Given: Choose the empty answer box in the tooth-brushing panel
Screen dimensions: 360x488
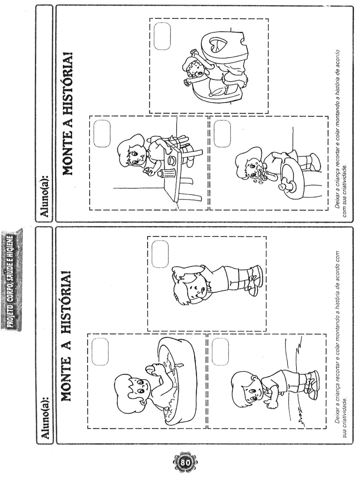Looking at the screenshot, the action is [x=222, y=134].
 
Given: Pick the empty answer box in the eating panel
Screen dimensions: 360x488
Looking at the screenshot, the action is [x=102, y=134].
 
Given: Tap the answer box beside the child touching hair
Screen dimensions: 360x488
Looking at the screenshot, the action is [x=160, y=254].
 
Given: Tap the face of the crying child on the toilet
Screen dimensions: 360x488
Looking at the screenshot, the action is [x=197, y=70].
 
